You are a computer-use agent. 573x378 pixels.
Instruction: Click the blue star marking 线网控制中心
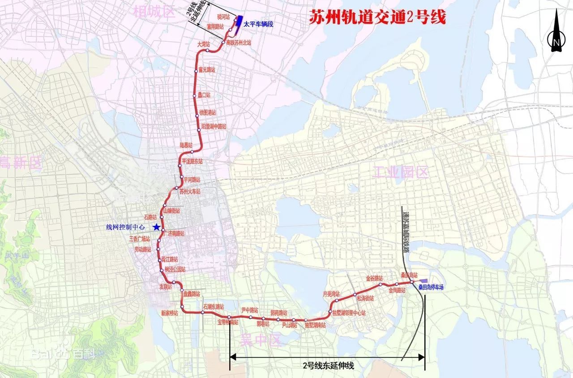click(156, 227)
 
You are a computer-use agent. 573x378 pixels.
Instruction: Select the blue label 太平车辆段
click(259, 24)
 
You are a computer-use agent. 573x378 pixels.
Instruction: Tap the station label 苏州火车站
click(190, 191)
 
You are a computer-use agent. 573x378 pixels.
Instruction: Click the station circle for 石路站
click(163, 217)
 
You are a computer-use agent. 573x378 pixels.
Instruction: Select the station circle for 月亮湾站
click(337, 301)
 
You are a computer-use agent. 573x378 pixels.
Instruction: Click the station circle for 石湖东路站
click(203, 313)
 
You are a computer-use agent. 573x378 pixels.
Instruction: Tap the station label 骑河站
click(223, 17)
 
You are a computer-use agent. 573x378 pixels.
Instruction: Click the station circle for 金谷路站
click(381, 284)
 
